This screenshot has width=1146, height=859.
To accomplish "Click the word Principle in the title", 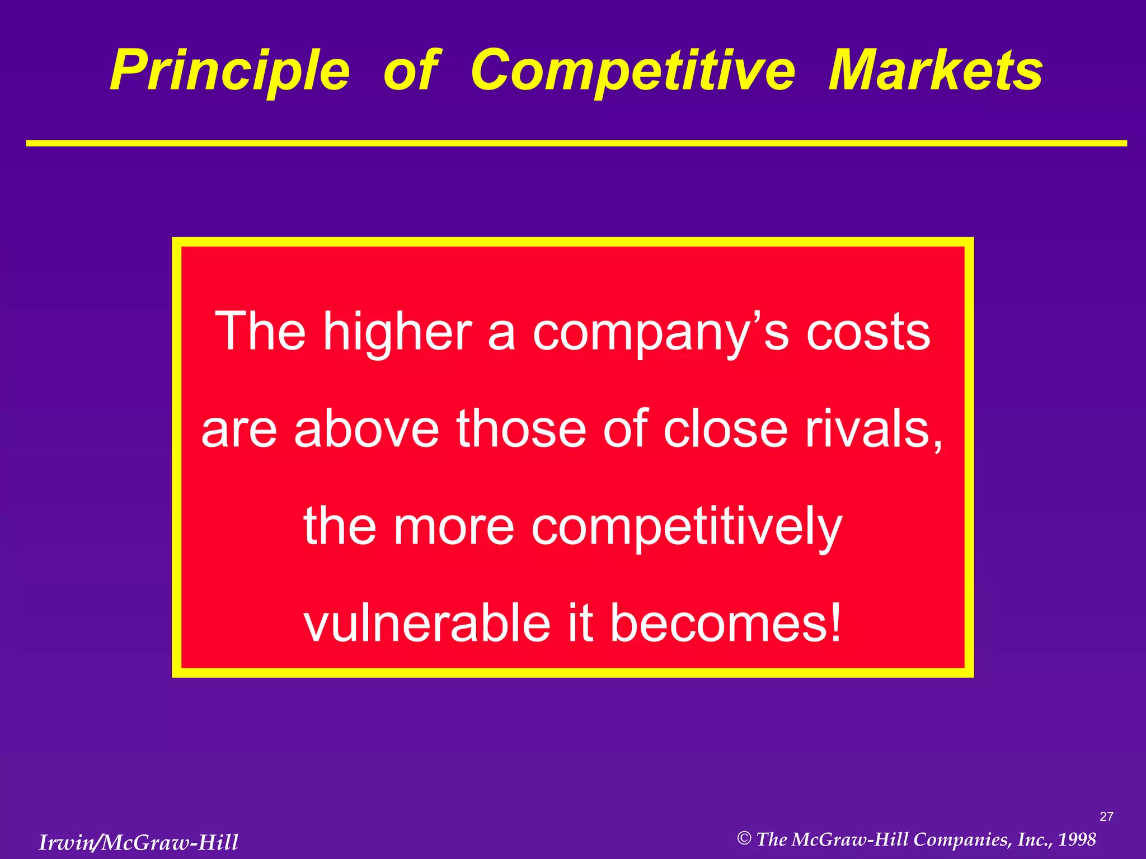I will [229, 71].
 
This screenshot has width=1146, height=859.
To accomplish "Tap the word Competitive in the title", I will [632, 71].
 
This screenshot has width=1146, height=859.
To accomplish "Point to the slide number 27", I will [1106, 817].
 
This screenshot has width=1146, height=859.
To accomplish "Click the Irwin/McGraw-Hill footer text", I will [138, 842].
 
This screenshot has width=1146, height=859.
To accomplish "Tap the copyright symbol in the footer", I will [744, 838].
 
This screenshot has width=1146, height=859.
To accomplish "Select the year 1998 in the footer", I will [1077, 839].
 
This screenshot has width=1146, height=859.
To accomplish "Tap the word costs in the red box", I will [868, 332].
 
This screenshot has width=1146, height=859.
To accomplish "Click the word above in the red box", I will [367, 429].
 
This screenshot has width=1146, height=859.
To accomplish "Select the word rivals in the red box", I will [873, 429].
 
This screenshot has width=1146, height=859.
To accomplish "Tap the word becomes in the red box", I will [716, 624].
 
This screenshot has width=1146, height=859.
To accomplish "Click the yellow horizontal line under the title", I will [576, 144].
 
